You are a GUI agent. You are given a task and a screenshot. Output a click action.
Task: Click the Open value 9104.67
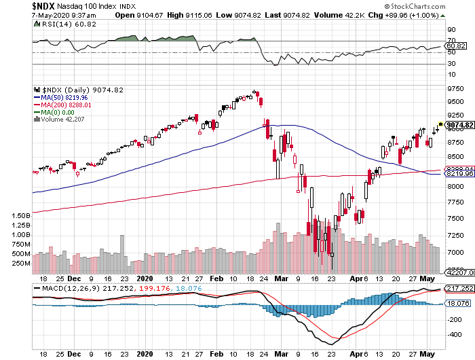155,14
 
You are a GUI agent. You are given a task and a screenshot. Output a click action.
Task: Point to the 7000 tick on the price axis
455,252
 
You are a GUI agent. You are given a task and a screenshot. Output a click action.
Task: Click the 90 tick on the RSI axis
450,29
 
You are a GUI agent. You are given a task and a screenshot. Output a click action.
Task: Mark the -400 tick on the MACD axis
450,334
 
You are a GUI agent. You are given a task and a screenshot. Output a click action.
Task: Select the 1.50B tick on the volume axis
21,215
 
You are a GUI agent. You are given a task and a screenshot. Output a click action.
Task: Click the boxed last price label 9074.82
459,125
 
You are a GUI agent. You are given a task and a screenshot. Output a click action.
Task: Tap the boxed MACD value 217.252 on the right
459,289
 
